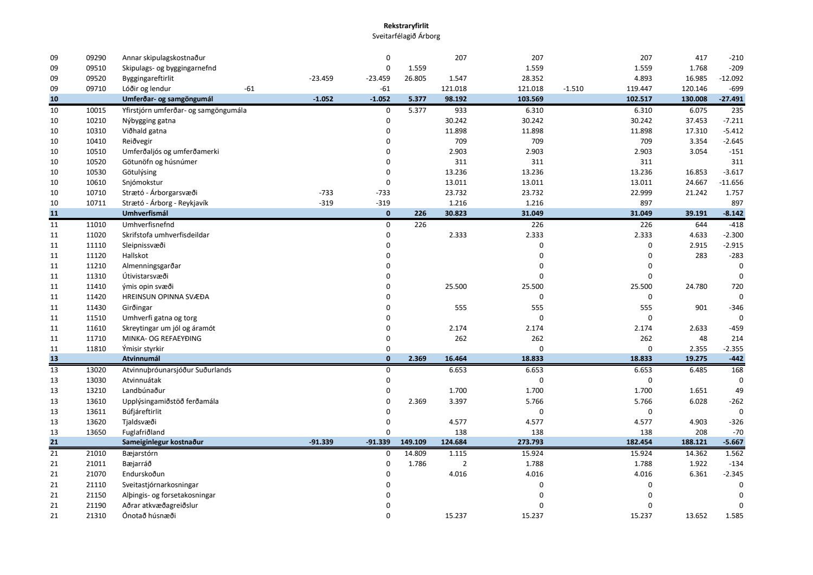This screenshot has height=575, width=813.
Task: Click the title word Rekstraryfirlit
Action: [406, 25]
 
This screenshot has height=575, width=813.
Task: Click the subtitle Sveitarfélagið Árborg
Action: [406, 36]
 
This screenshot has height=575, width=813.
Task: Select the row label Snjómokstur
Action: [143, 183]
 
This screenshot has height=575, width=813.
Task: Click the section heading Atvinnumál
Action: [141, 359]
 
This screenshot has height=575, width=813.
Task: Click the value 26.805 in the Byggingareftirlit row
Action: [415, 79]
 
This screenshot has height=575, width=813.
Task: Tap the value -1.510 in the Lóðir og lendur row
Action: [573, 89]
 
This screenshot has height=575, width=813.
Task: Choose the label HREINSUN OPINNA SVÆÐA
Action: [165, 297]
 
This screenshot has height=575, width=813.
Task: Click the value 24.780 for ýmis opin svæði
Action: [696, 287]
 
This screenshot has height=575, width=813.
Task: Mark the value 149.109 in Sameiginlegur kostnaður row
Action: [414, 442]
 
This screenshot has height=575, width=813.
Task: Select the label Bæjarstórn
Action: [140, 453]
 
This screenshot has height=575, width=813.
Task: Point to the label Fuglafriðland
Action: [143, 432]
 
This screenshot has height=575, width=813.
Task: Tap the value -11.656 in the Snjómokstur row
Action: [731, 183]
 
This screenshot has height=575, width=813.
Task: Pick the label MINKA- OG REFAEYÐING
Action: [162, 339]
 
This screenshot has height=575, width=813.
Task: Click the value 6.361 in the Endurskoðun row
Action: [696, 474]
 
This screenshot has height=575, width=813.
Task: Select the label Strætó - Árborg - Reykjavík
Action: [165, 203]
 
